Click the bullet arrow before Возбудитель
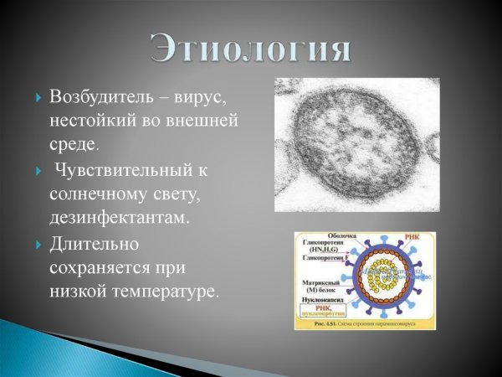(x=38, y=98)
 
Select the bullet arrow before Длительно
(x=38, y=246)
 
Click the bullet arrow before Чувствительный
(x=38, y=172)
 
